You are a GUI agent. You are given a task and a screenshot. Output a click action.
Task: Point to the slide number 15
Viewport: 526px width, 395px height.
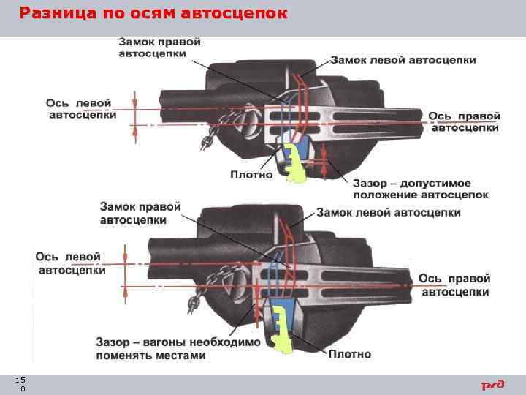click(x=20, y=380)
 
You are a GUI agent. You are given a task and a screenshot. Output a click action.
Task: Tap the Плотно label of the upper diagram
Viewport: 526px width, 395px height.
click(x=251, y=174)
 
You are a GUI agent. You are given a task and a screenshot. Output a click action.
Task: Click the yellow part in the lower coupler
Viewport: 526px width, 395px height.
click(x=279, y=326)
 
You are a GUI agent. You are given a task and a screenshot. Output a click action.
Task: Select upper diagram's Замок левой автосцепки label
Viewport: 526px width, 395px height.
click(x=403, y=59)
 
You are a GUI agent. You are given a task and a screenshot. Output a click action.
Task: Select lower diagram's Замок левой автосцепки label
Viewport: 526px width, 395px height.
click(x=389, y=212)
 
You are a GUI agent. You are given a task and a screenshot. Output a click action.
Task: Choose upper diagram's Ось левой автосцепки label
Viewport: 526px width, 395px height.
click(x=80, y=109)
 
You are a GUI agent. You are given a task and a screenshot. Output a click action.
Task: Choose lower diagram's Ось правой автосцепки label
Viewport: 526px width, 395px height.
click(x=454, y=285)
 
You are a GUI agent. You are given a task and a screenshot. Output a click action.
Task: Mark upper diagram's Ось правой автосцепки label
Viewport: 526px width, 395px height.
click(x=464, y=121)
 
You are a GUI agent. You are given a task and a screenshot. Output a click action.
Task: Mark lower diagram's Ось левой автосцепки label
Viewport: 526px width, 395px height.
click(x=70, y=263)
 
